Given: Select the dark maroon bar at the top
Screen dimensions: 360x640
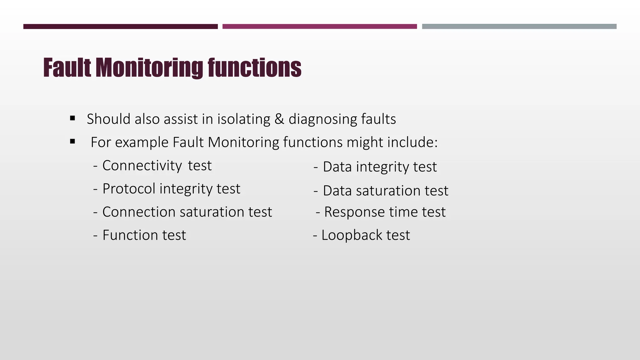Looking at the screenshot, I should coord(120,27).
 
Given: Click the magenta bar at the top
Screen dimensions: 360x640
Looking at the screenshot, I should coord(319,27).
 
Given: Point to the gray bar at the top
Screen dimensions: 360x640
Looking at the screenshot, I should coord(519,27).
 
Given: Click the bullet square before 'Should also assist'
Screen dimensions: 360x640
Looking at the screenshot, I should coord(73,118).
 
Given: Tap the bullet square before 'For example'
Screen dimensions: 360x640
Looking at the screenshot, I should coord(73,142).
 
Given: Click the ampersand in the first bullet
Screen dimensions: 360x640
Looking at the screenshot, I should coord(279,119).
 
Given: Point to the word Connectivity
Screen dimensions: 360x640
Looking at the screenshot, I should coord(142,166).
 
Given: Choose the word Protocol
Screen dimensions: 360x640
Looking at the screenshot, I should coord(129,189).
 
